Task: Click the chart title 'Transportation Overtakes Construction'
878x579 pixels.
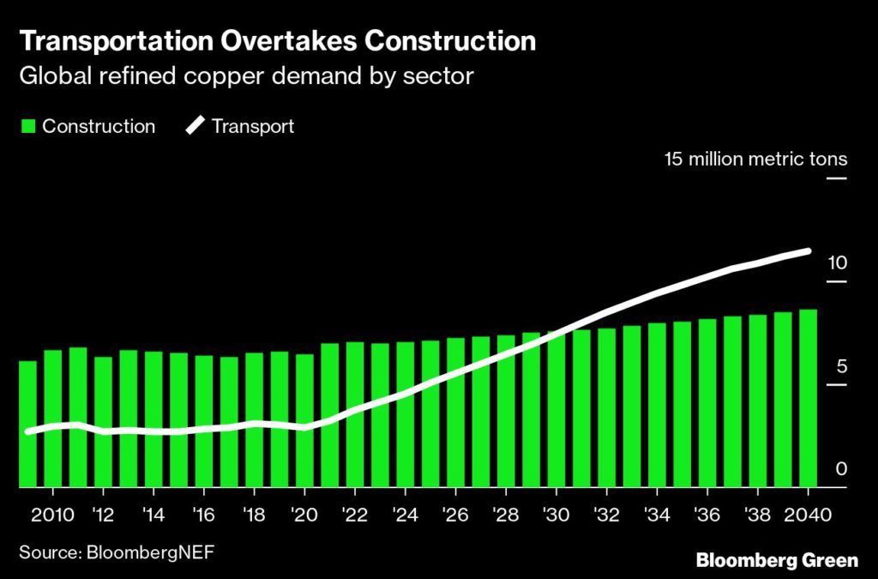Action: pyautogui.click(x=278, y=40)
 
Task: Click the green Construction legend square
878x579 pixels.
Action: pyautogui.click(x=27, y=127)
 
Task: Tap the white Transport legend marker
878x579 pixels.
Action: pyautogui.click(x=195, y=127)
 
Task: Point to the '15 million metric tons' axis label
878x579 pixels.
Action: pyautogui.click(x=755, y=160)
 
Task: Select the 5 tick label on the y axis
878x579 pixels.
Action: pyautogui.click(x=841, y=367)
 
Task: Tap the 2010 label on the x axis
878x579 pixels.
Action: pyautogui.click(x=53, y=515)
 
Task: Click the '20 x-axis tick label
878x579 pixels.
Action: pyautogui.click(x=304, y=515)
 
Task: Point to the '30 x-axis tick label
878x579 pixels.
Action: pyautogui.click(x=556, y=515)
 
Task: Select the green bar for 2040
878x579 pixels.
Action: pyautogui.click(x=808, y=399)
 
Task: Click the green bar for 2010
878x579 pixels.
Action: pyautogui.click(x=53, y=419)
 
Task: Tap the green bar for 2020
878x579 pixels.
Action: pyautogui.click(x=304, y=420)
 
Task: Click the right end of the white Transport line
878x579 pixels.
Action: pyautogui.click(x=808, y=251)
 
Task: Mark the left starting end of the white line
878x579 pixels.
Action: pyautogui.click(x=28, y=431)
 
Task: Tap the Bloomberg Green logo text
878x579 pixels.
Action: pyautogui.click(x=777, y=561)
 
